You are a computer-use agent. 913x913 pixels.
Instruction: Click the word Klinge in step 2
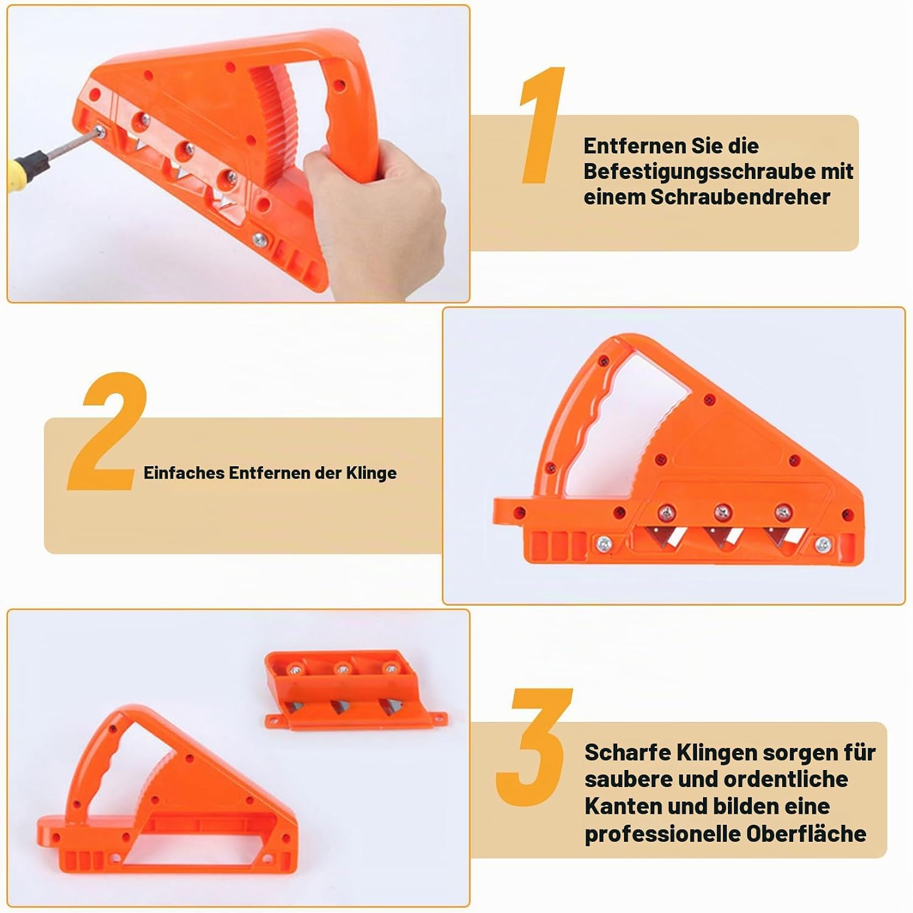point(371,473)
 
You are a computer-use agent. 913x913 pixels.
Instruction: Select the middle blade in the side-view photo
point(724,537)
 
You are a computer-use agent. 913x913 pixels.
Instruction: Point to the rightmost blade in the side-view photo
point(786,537)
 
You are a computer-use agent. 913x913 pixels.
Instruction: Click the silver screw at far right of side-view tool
point(823,545)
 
